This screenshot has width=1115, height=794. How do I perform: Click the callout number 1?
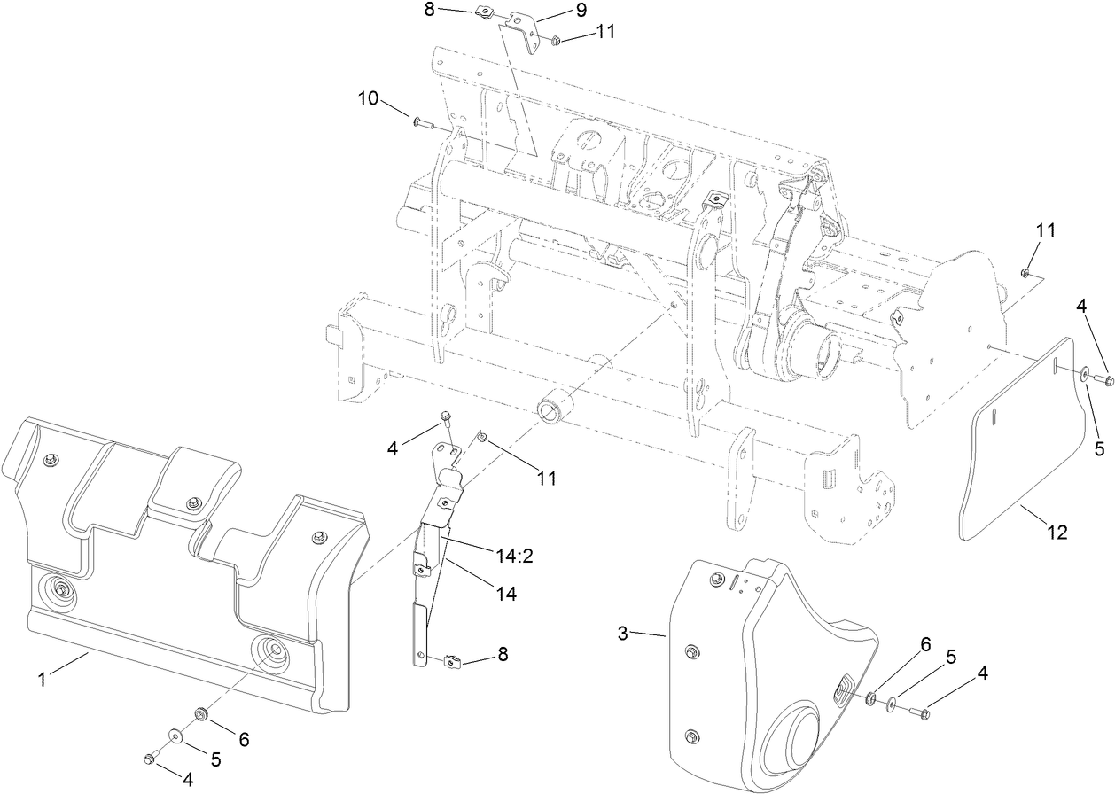[41, 680]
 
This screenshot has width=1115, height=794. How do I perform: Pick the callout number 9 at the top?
[581, 11]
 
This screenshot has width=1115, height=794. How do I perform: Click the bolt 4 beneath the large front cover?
[150, 758]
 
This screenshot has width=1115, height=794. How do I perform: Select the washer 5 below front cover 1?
[175, 735]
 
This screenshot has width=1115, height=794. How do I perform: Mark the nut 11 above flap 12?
[1025, 272]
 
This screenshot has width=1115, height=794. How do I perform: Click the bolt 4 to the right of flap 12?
[1104, 380]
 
